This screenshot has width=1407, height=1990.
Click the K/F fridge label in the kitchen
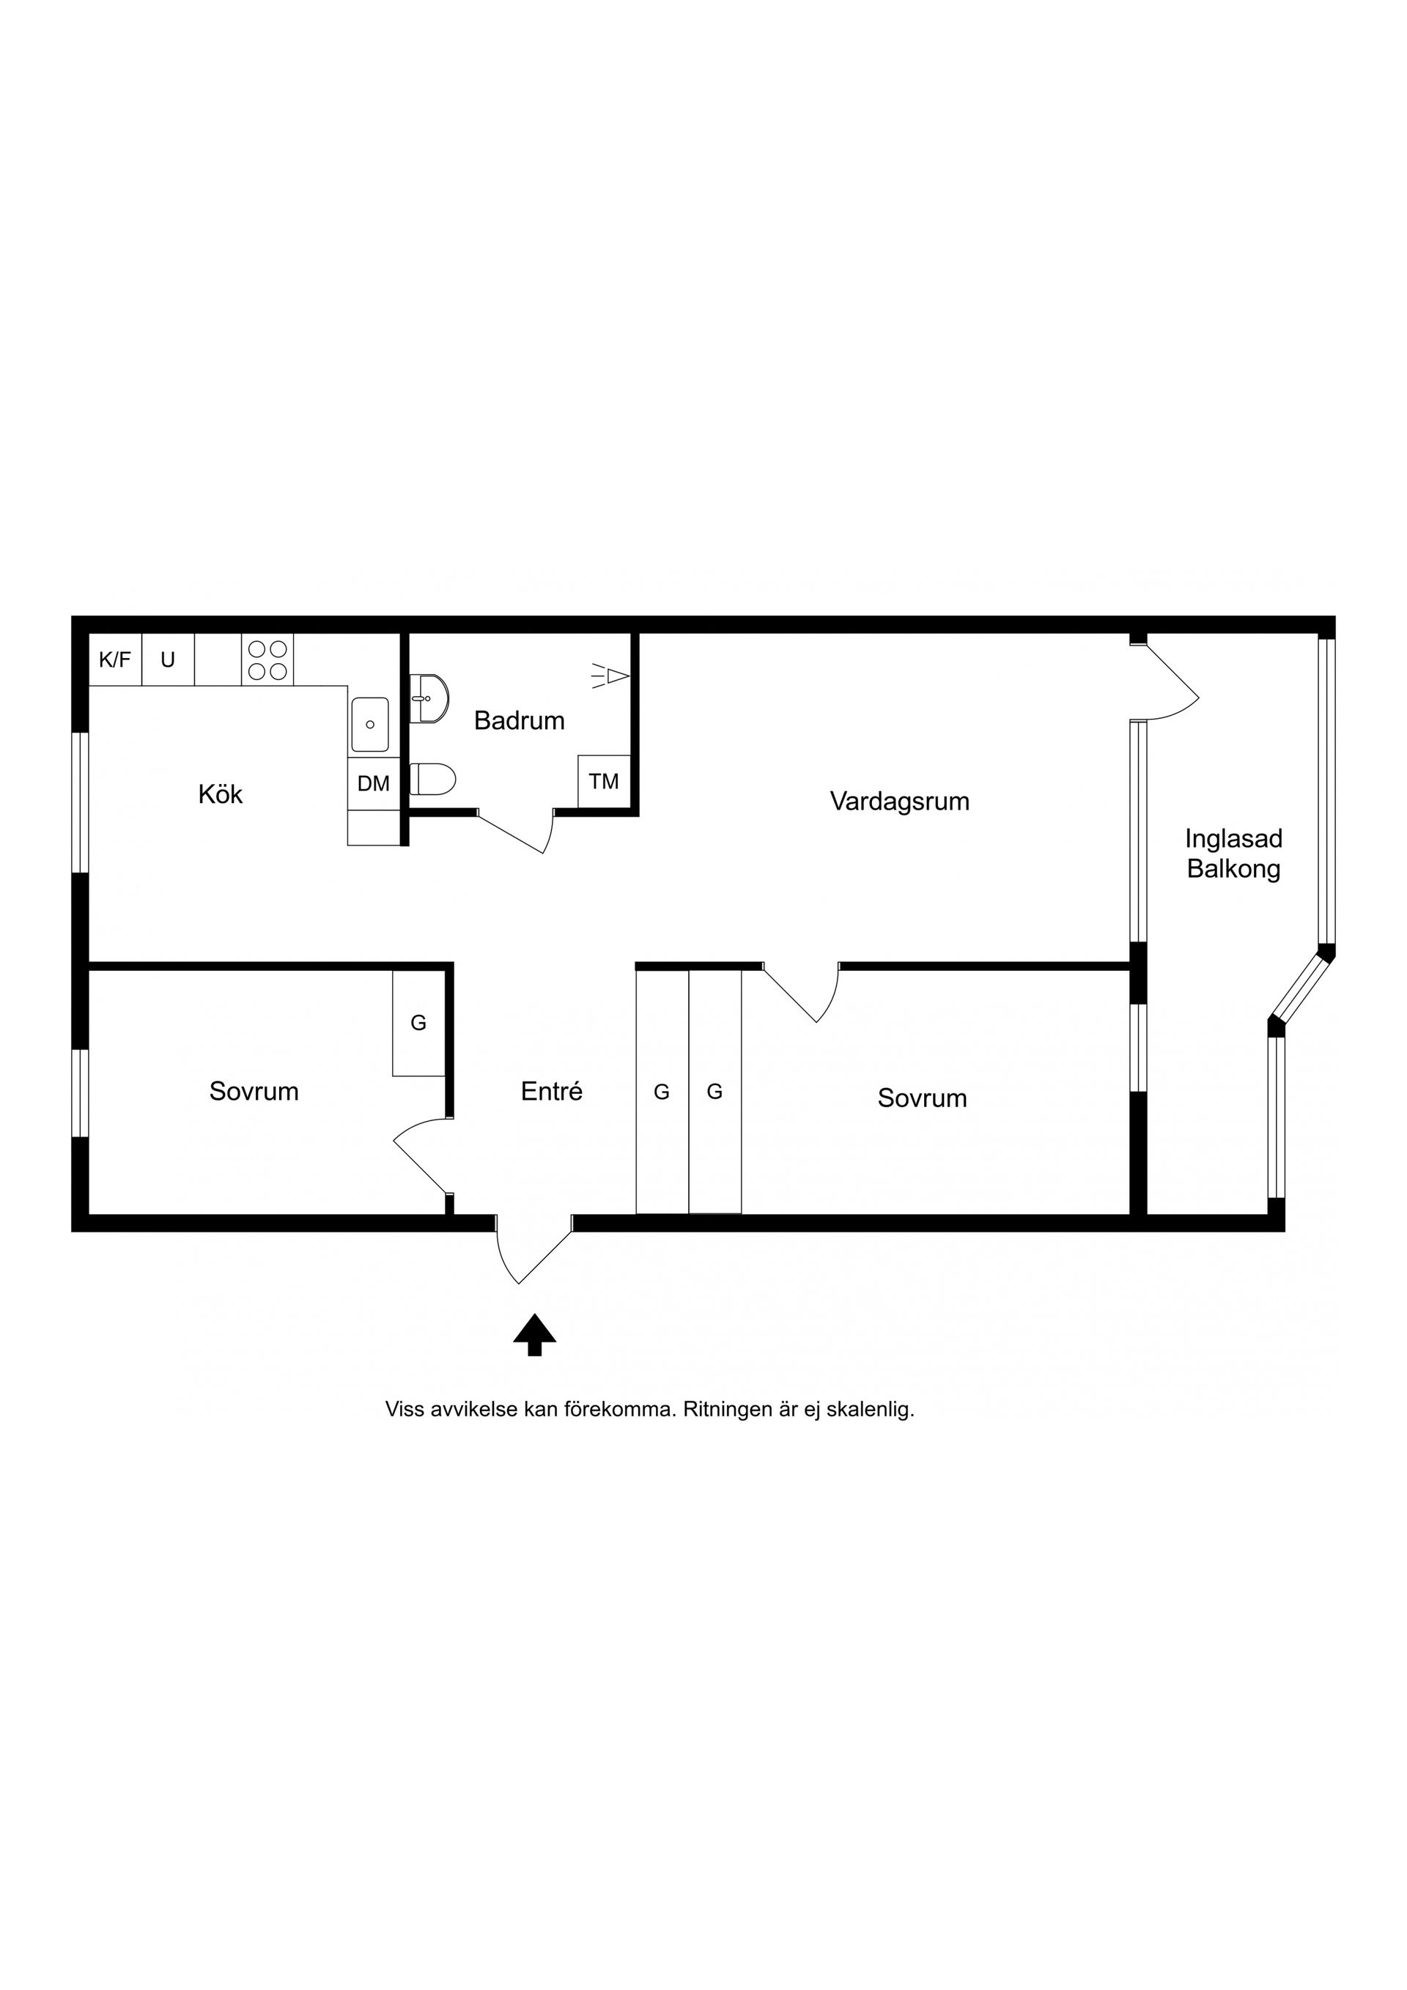114,659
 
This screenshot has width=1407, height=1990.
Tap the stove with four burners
267,659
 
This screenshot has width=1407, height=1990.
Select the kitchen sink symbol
369,724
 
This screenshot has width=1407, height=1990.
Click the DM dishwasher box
374,783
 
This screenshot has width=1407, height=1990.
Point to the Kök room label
220,794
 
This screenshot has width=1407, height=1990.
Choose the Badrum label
520,720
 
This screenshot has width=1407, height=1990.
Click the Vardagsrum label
899,801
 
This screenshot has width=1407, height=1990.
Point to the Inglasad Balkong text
1233,854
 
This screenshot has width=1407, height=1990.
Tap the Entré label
551,1091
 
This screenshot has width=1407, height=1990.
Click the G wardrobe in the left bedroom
418,1023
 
